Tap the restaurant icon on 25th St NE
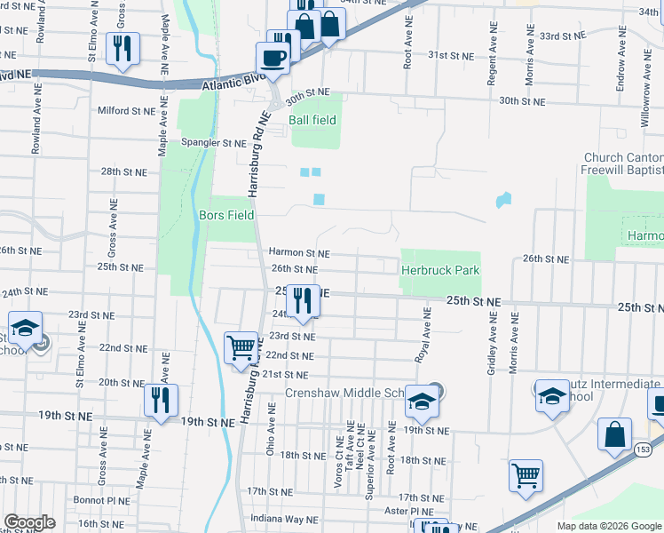tap(303, 301)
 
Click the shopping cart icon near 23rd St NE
tap(241, 347)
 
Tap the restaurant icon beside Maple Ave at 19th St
tap(161, 401)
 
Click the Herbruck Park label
tap(439, 270)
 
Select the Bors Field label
tap(226, 215)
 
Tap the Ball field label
tap(312, 119)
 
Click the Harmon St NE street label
tap(299, 253)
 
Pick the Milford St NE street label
tap(127, 111)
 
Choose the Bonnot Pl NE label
tap(98, 501)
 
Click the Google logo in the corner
tap(28, 522)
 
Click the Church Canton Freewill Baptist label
tap(623, 163)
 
